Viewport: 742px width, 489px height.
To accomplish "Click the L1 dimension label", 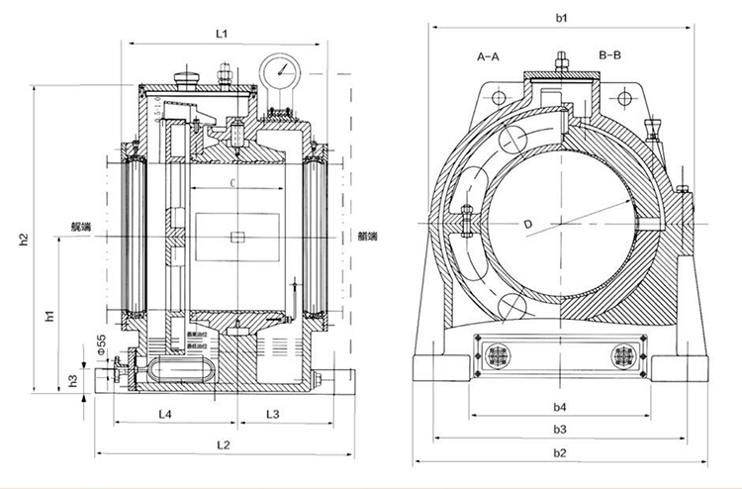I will (223, 34).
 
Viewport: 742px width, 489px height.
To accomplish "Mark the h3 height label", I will (72, 380).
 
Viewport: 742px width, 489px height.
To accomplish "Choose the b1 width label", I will (561, 17).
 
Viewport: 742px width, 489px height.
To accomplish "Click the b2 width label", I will (560, 452).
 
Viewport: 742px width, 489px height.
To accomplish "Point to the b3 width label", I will (560, 429).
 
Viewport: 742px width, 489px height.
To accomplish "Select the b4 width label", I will (560, 406).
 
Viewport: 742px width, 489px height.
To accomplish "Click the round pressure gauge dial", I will (280, 70).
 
